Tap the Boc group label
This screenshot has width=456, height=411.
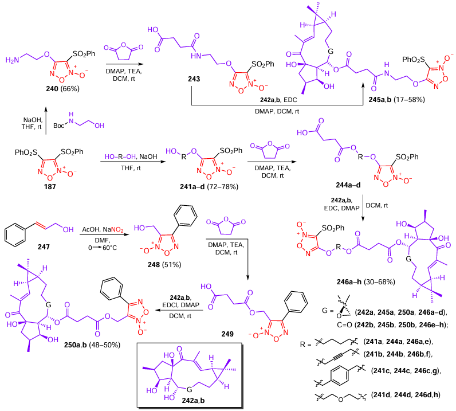click(x=60, y=122)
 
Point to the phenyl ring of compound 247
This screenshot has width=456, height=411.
click(x=18, y=234)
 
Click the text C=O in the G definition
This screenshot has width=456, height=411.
click(x=329, y=326)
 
